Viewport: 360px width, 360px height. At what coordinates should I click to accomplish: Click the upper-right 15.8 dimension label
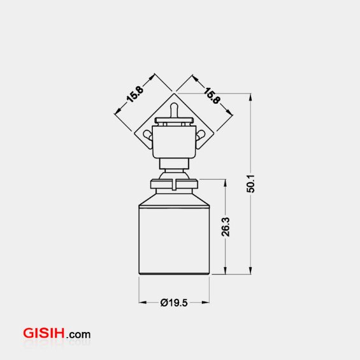[212, 94]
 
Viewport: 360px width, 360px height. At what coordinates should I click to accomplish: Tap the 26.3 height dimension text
[225, 227]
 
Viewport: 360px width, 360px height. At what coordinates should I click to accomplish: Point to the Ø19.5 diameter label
[174, 303]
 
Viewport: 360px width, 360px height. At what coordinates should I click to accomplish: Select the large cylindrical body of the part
[174, 239]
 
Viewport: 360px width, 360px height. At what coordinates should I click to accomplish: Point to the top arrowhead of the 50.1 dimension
[250, 97]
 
